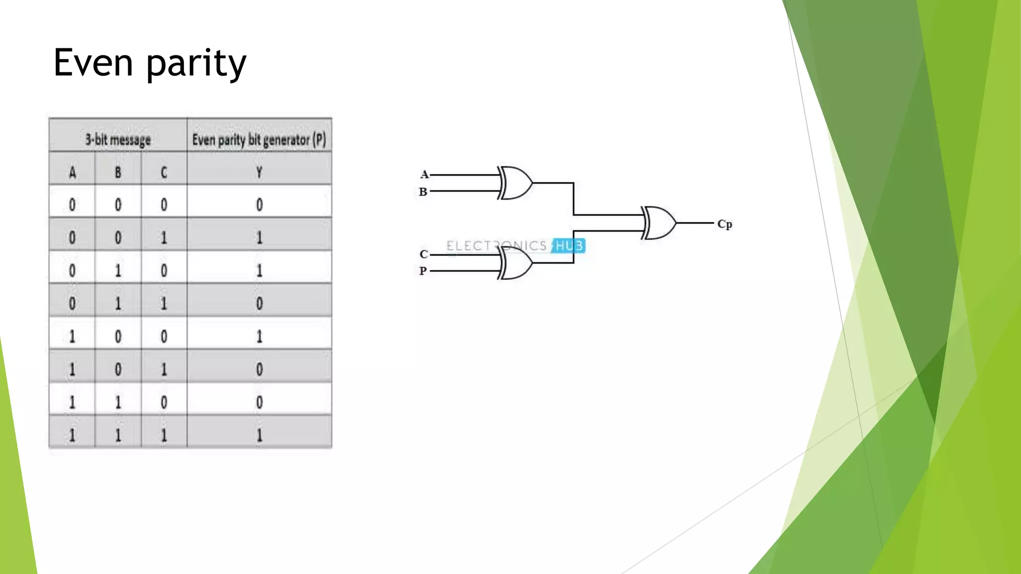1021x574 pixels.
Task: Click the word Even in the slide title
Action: pos(93,63)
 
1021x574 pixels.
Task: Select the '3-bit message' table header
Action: pos(118,140)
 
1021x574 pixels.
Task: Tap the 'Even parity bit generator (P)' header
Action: pos(259,140)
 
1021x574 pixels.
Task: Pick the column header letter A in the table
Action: pos(72,173)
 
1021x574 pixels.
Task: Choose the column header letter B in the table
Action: pos(118,173)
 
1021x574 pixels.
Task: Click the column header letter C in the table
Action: pos(164,173)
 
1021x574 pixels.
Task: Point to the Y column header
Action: pos(259,173)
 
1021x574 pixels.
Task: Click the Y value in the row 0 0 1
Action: pos(259,238)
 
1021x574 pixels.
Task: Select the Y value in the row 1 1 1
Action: pos(259,435)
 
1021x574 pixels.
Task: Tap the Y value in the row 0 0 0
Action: pos(259,205)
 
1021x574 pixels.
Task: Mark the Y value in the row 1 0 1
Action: pos(259,370)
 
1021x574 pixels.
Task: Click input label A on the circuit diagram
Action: pos(424,174)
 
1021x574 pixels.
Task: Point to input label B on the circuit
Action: pos(423,192)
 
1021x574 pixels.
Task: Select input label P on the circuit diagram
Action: pos(423,271)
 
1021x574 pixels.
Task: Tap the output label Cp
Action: pos(724,224)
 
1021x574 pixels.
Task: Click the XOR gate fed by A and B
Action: pos(516,183)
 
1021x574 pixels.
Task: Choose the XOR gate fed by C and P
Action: pos(516,263)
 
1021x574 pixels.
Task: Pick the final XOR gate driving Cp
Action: pos(659,223)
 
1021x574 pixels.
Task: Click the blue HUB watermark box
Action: pos(568,246)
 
